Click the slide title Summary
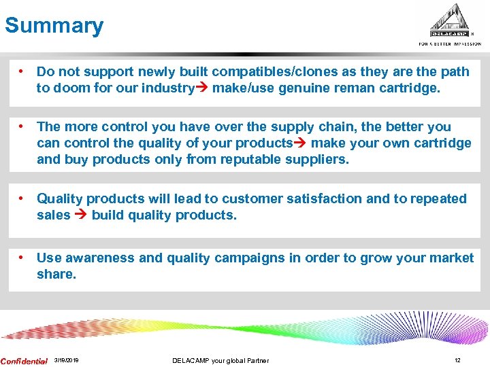(x=54, y=26)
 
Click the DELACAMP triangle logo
(x=449, y=22)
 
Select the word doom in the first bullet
(x=70, y=88)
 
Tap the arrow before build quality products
(x=81, y=215)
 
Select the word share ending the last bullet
(x=55, y=274)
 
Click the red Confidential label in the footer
(x=24, y=361)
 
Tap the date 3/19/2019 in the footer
(x=66, y=360)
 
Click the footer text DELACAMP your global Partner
(x=220, y=360)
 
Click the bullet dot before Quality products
(x=22, y=198)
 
